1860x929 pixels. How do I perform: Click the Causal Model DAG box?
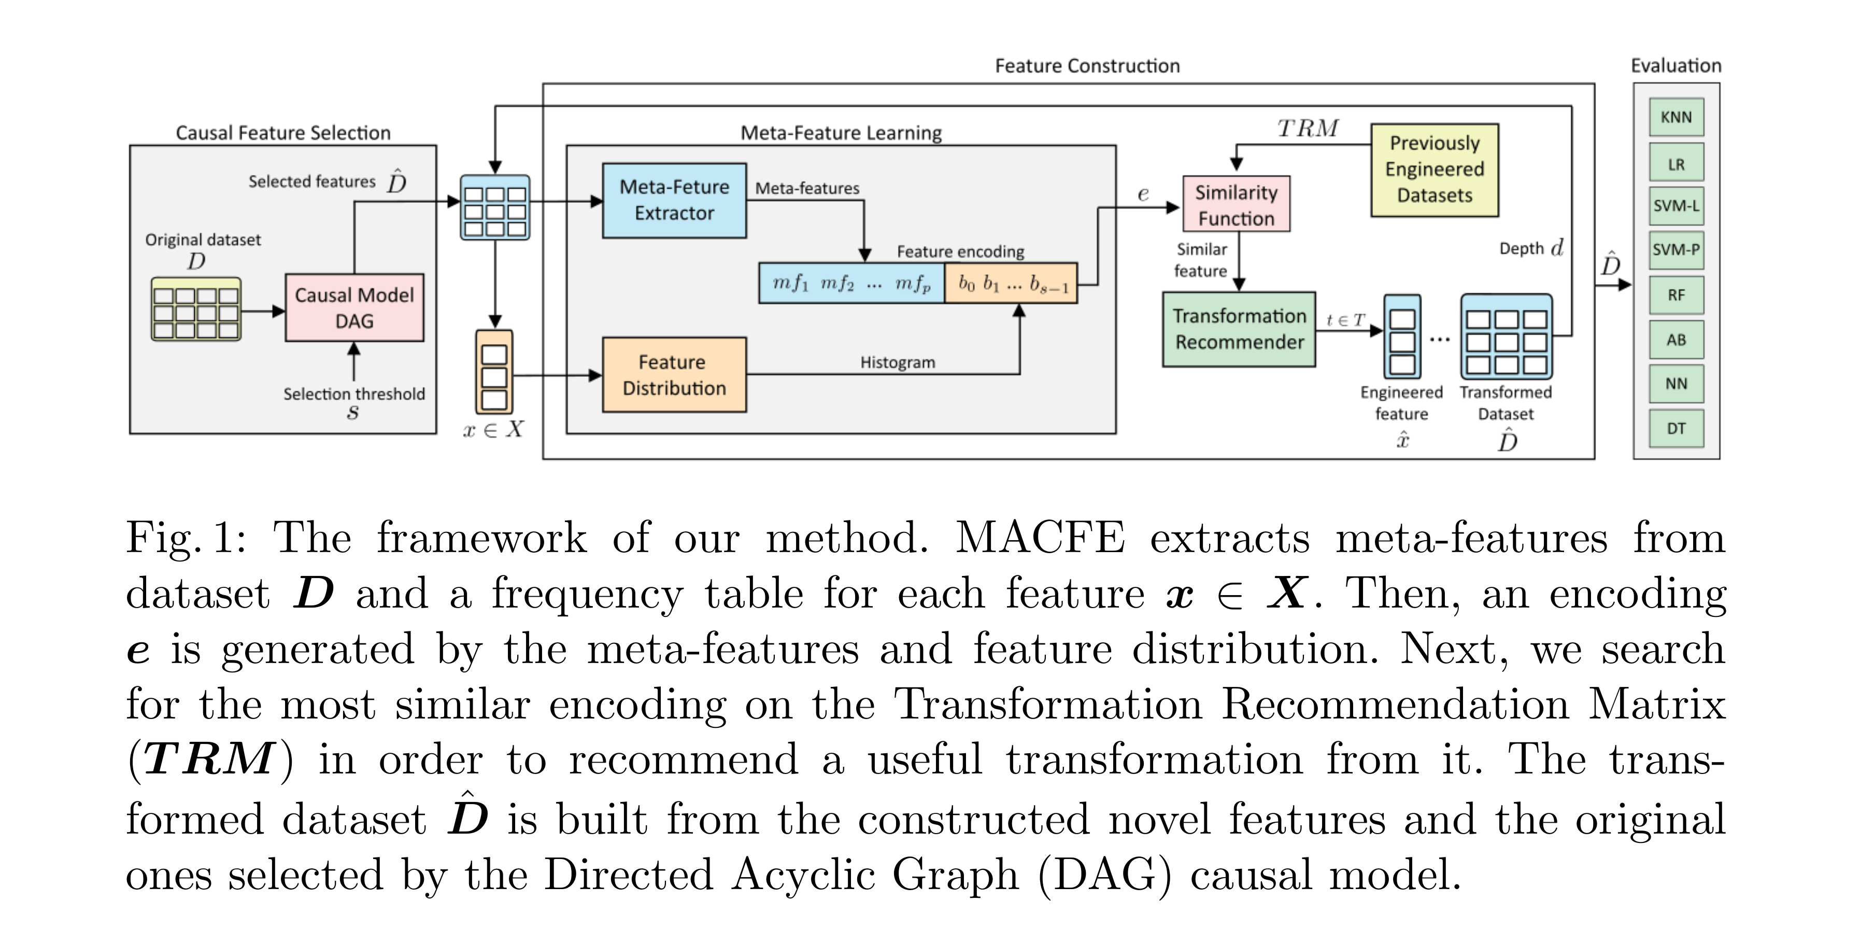tap(354, 308)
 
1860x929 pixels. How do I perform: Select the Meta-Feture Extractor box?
tap(674, 200)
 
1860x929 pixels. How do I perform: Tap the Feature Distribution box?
tap(674, 375)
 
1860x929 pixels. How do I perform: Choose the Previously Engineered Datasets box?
tap(1434, 170)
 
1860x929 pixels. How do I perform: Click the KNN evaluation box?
tap(1676, 118)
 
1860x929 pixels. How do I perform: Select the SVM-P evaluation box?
tap(1676, 250)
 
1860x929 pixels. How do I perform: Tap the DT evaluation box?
tap(1676, 428)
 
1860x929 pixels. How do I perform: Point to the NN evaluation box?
tap(1676, 384)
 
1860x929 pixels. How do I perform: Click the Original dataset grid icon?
tap(196, 309)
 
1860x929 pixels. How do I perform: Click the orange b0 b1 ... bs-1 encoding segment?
tap(1011, 283)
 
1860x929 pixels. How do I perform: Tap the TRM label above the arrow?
tap(1307, 129)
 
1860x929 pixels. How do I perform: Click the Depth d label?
tap(1531, 248)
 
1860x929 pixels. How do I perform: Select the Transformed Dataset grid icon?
tap(1506, 336)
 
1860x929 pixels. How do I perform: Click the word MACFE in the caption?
tap(1040, 539)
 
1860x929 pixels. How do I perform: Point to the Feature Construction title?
tap(1087, 66)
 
